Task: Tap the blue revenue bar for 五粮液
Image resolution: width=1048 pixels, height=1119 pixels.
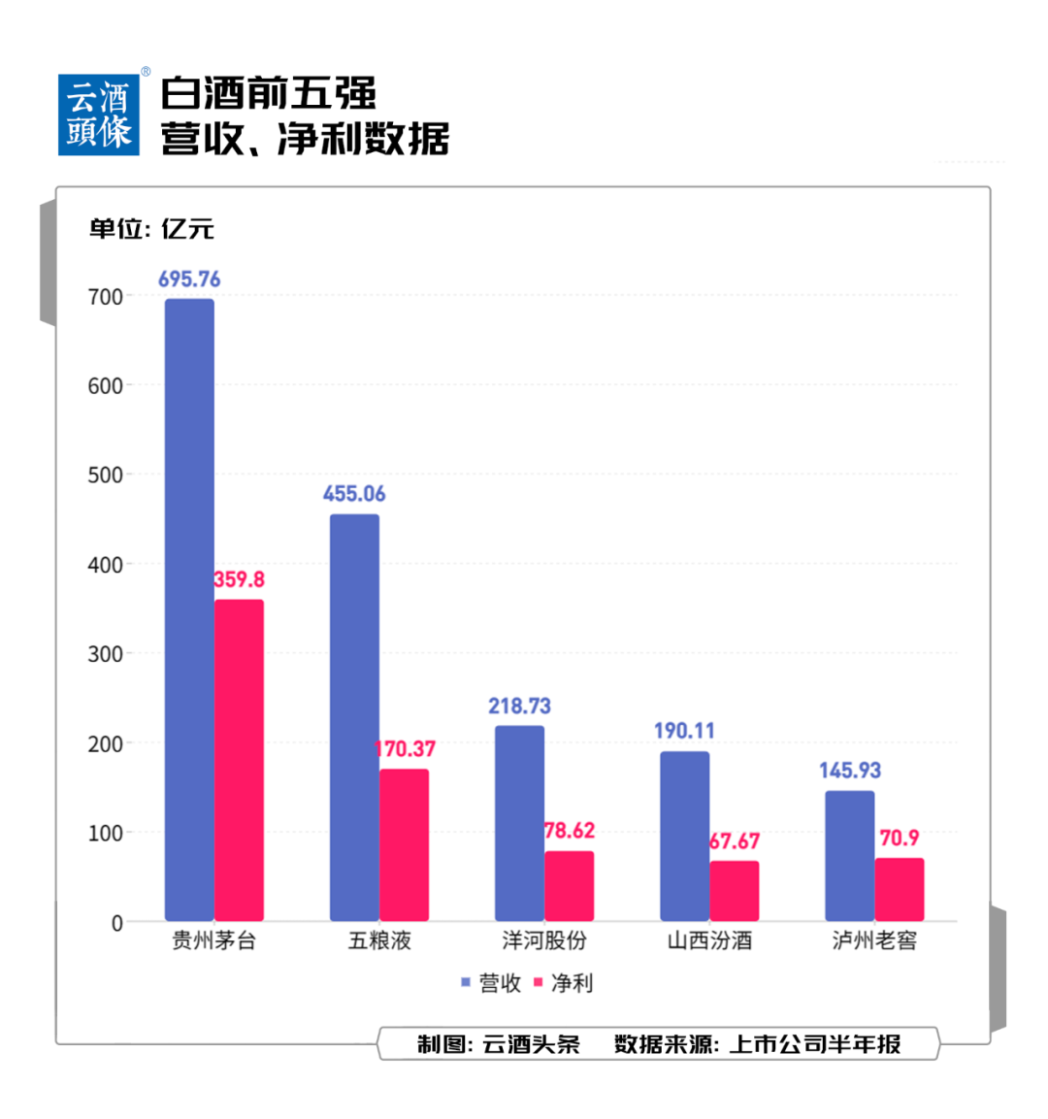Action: click(x=354, y=717)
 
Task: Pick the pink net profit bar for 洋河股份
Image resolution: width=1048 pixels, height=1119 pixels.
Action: click(x=569, y=886)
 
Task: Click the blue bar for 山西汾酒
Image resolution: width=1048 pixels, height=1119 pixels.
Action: click(x=684, y=836)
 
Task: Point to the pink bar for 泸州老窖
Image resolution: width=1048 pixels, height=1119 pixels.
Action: click(x=899, y=889)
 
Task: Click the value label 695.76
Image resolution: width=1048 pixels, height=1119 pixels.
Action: click(x=189, y=280)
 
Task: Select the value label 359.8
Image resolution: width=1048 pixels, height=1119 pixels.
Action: click(x=239, y=579)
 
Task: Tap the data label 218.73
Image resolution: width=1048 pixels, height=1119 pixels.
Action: click(x=519, y=706)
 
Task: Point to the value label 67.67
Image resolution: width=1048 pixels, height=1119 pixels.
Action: click(x=735, y=840)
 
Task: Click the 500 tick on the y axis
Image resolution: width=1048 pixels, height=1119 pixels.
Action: click(x=106, y=476)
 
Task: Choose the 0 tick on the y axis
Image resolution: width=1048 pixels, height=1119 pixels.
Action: click(x=117, y=923)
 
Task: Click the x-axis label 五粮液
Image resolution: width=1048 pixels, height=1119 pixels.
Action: click(x=379, y=940)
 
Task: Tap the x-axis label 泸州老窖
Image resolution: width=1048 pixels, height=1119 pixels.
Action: click(x=874, y=940)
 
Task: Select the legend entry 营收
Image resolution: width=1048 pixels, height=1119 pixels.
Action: click(x=492, y=983)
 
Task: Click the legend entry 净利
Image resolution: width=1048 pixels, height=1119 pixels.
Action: click(x=564, y=983)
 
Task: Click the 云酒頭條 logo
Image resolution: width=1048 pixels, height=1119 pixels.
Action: click(x=99, y=115)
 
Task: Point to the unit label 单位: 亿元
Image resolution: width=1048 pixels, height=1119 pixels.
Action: click(x=151, y=229)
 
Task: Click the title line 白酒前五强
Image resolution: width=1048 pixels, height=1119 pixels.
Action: click(x=268, y=94)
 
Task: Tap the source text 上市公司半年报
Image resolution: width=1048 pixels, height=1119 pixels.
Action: click(x=815, y=1044)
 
